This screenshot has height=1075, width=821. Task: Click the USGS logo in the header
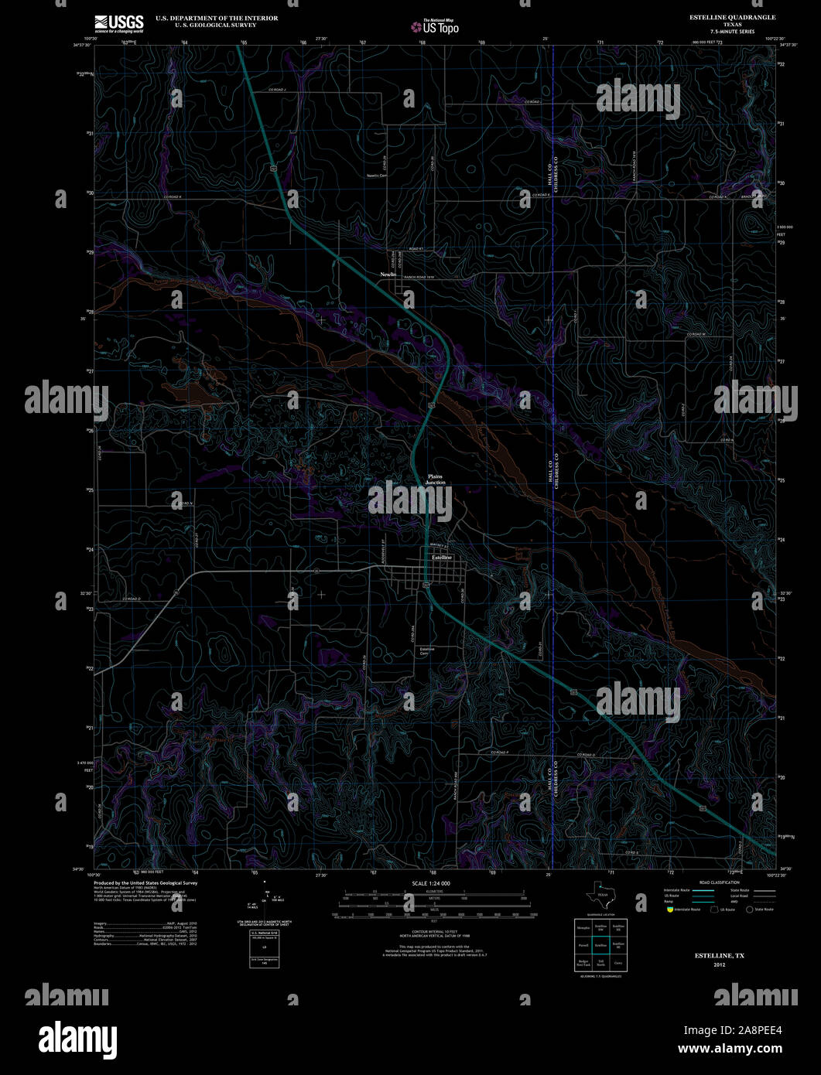[118, 23]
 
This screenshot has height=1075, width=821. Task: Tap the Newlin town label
[388, 275]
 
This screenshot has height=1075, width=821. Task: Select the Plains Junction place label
[435, 479]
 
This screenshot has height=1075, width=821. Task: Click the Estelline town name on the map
[441, 557]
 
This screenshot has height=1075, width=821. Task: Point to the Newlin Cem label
[377, 176]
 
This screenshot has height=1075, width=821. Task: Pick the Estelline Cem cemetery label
[426, 651]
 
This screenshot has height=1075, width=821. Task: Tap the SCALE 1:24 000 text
[431, 883]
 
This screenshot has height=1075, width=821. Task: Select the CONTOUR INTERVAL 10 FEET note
[431, 932]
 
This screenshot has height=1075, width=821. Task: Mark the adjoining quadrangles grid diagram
[600, 946]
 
